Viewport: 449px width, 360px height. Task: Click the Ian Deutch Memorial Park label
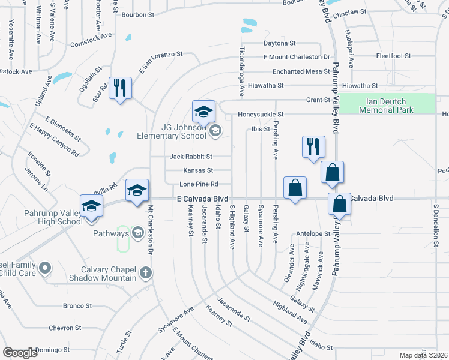point(390,106)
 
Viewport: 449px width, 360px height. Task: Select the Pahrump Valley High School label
point(45,218)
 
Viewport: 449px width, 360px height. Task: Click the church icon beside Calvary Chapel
point(145,274)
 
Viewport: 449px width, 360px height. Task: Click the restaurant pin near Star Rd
point(120,89)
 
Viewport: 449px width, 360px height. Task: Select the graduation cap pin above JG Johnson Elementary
point(203,111)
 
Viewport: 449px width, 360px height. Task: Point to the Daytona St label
point(280,43)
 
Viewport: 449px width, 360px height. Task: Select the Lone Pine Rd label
point(197,184)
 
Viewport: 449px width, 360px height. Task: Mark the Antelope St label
point(313,233)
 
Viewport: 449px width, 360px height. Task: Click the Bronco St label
point(77,305)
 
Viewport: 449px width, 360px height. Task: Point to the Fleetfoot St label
point(393,56)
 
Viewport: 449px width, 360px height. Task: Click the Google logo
point(20,353)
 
